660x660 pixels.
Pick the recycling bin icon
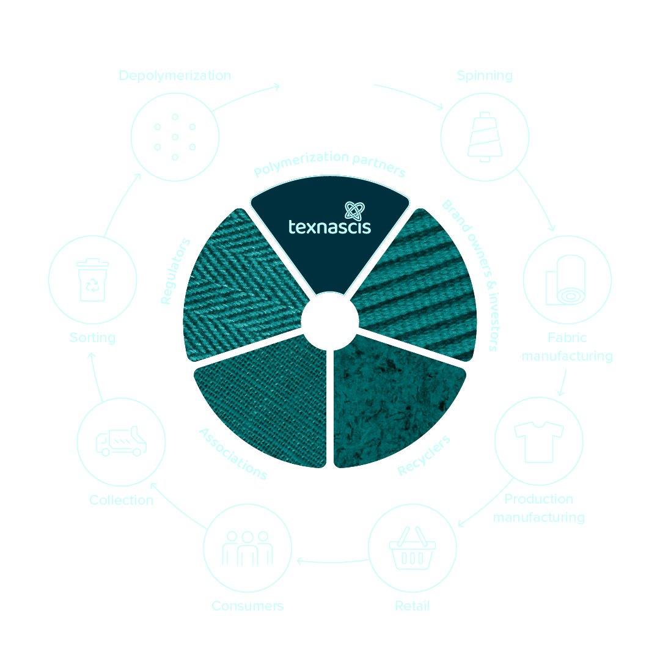92,281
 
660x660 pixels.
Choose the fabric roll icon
568,281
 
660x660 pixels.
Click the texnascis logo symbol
353,211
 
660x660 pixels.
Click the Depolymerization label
175,76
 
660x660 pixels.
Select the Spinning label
485,76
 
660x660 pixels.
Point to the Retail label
412,606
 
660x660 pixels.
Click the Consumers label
248,606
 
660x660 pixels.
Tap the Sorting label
92,337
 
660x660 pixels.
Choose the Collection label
121,500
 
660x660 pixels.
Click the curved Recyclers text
424,456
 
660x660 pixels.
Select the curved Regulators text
175,271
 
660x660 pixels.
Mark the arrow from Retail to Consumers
332,560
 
